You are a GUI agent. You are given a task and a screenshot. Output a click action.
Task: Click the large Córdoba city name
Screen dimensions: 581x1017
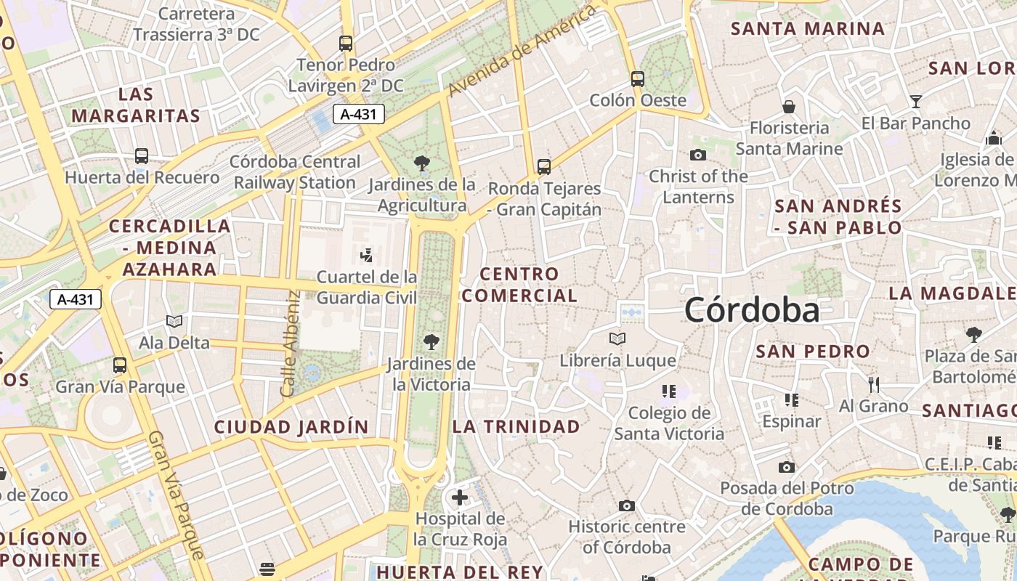(752, 310)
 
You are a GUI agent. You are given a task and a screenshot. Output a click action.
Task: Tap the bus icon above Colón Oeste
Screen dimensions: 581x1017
(637, 78)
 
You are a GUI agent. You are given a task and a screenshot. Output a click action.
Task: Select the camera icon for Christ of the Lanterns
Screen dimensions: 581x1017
(697, 155)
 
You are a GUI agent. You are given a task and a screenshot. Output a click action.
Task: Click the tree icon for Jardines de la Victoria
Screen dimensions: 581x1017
(431, 341)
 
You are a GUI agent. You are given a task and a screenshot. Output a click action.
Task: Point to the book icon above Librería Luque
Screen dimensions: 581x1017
(617, 338)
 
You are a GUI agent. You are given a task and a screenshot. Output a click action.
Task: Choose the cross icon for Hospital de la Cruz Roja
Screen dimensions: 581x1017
(459, 497)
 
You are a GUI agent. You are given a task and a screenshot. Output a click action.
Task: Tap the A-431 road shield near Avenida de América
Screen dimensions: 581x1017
(359, 114)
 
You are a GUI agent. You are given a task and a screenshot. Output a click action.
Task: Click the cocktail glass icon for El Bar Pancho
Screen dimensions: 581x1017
(916, 101)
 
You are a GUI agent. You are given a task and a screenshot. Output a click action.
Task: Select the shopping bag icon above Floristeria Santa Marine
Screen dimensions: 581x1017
(789, 107)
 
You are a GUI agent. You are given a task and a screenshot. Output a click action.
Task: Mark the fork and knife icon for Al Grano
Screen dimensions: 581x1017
(874, 384)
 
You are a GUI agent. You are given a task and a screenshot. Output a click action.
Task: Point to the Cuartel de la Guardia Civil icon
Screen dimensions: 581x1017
(367, 255)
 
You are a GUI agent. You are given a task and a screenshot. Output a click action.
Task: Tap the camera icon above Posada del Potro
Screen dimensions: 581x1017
(787, 467)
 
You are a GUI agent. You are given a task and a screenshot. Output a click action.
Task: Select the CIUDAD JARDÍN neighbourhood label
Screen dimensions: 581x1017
(291, 427)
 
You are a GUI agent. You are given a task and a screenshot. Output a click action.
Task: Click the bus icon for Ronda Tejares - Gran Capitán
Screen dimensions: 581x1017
(544, 166)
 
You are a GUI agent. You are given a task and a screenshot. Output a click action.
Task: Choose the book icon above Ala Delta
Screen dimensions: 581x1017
(174, 321)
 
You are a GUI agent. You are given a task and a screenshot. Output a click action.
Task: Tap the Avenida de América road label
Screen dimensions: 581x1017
(522, 49)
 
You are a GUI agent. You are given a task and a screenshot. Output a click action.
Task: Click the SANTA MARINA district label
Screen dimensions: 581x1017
(808, 29)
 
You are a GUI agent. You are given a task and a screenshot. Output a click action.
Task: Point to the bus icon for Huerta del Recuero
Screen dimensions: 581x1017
(142, 155)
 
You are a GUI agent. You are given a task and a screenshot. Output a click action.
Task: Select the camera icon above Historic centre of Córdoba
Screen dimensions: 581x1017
(627, 505)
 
